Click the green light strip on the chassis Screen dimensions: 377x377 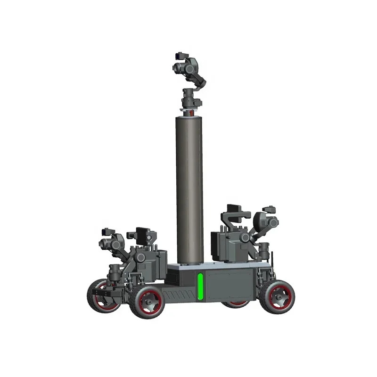coord(200,287)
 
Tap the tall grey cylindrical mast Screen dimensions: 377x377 coord(189,188)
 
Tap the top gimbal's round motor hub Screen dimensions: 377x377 coord(190,68)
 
